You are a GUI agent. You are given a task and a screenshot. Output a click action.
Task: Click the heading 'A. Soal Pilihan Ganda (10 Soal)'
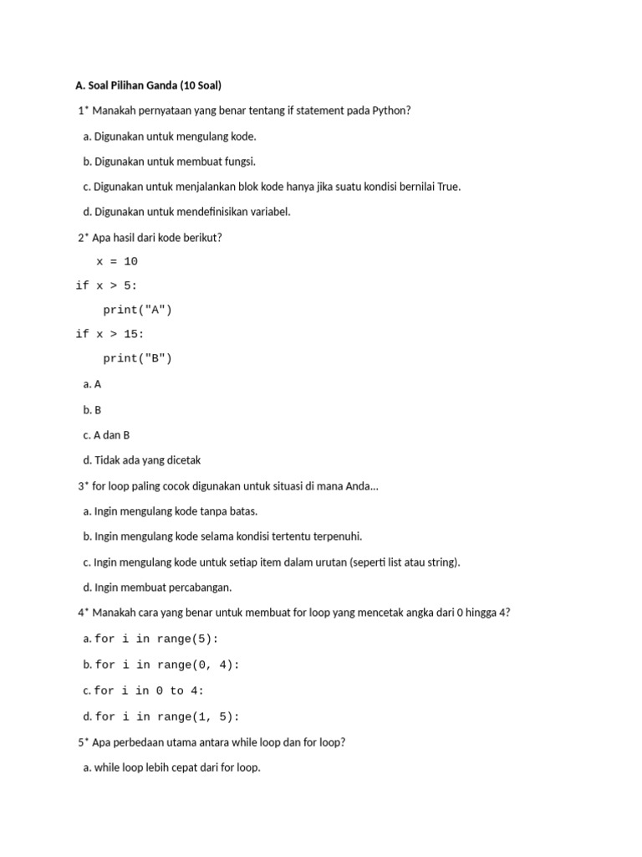[148, 85]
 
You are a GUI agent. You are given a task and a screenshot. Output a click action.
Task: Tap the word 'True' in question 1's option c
[448, 187]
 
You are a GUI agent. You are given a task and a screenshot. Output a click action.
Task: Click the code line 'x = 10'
[117, 262]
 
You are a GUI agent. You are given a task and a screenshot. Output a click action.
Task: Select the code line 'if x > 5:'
[106, 286]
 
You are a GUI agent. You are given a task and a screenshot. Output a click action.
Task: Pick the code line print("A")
[137, 310]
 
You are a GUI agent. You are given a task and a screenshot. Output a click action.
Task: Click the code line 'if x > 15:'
[110, 335]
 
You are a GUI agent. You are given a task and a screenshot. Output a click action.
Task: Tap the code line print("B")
[137, 359]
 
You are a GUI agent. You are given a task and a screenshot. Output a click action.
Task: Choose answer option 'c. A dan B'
[106, 435]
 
